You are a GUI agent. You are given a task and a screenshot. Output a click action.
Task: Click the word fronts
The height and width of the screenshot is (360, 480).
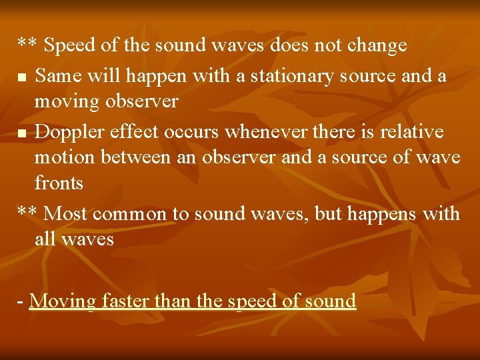click(x=59, y=183)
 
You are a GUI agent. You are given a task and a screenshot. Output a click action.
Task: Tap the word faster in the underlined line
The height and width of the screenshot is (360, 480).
click(x=126, y=301)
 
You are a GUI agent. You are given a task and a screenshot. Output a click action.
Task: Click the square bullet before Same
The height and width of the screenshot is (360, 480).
click(x=22, y=78)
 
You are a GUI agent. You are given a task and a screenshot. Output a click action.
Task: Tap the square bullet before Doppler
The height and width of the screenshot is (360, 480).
click(x=22, y=134)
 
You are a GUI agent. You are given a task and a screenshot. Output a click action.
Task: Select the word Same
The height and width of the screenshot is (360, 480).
click(x=56, y=76)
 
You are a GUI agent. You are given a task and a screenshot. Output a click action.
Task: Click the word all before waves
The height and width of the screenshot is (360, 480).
click(x=45, y=239)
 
